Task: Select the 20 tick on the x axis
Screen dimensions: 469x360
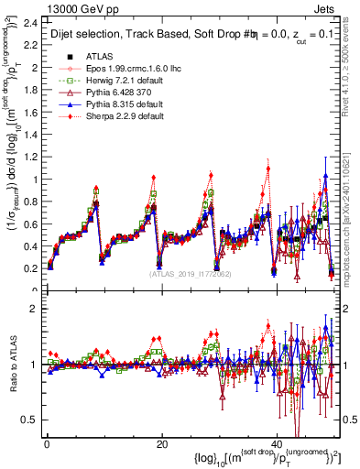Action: click(x=161, y=444)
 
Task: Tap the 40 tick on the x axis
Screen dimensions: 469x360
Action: click(x=277, y=444)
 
